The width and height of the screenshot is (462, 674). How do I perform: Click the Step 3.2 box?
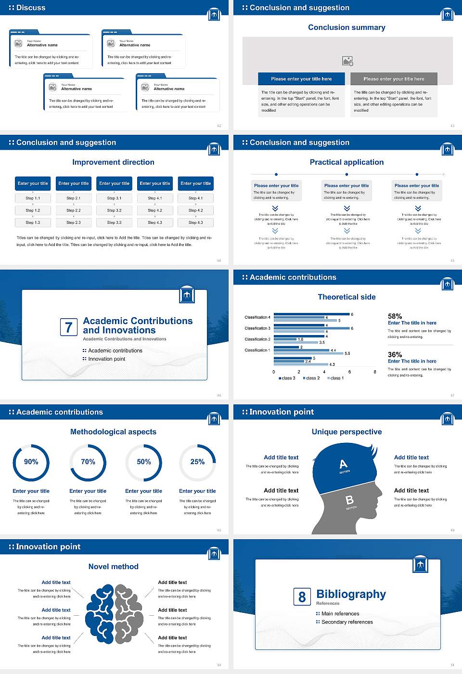coord(114,210)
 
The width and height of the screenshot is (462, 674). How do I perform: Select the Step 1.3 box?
coord(33,222)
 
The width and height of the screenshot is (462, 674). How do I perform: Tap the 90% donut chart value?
coord(31,462)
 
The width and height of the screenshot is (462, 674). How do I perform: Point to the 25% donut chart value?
coord(197,462)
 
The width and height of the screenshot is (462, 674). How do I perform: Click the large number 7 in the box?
coord(68,327)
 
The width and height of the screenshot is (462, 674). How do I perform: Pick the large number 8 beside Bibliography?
coord(302,597)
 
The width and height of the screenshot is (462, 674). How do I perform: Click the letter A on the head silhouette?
coord(343,464)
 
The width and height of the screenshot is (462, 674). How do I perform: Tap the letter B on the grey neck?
coord(350,500)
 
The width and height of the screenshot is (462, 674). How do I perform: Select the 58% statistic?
coord(395,316)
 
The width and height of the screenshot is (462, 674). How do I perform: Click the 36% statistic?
coord(395,354)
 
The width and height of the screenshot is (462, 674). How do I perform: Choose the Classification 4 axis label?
coord(257,317)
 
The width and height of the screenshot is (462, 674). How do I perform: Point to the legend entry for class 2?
coord(311,378)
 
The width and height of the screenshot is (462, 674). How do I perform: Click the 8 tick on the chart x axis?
coord(375,372)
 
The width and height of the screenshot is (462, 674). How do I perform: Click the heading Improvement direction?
coord(113,162)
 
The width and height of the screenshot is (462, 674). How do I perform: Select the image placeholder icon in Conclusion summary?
coord(347,61)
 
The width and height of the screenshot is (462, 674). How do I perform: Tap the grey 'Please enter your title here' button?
coord(394,79)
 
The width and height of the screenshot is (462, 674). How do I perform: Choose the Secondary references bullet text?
coord(347,622)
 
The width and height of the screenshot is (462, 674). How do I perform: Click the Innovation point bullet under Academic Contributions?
coord(106,359)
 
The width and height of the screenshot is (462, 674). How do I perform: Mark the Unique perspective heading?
coord(346,432)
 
